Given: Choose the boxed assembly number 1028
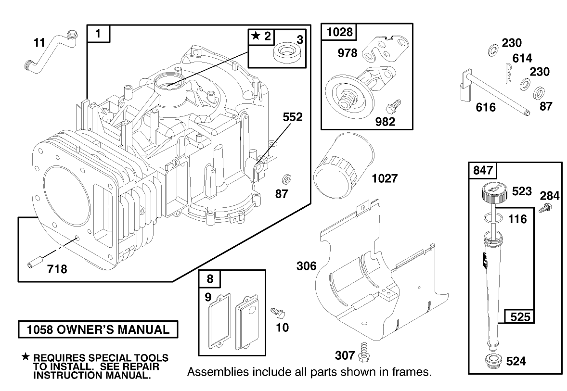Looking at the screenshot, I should tap(340, 32).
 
